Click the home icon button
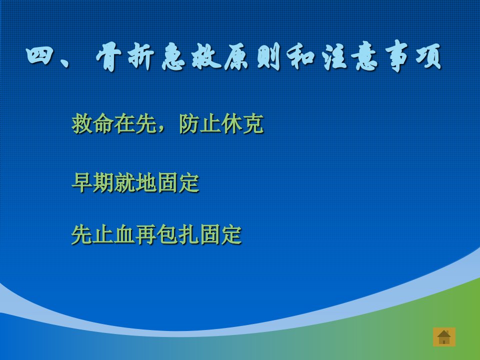(x=444, y=337)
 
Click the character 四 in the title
(x=39, y=56)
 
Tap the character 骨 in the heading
(x=108, y=56)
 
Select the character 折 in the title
(x=140, y=56)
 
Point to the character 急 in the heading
(x=173, y=56)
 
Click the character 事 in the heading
(x=396, y=56)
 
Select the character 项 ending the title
(x=428, y=57)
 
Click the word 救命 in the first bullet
(x=93, y=123)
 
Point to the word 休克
(x=242, y=123)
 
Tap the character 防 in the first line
(x=189, y=123)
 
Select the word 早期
(x=93, y=183)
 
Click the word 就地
(x=135, y=183)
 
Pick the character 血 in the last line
(x=124, y=234)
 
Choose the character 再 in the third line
(x=146, y=234)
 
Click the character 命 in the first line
(x=103, y=123)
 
